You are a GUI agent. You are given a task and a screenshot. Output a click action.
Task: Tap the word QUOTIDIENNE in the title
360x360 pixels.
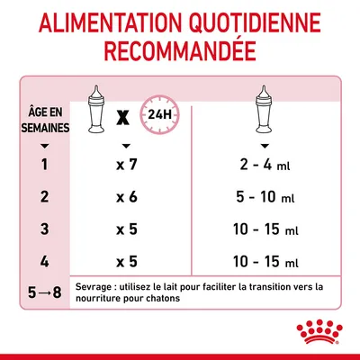point(260,25)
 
